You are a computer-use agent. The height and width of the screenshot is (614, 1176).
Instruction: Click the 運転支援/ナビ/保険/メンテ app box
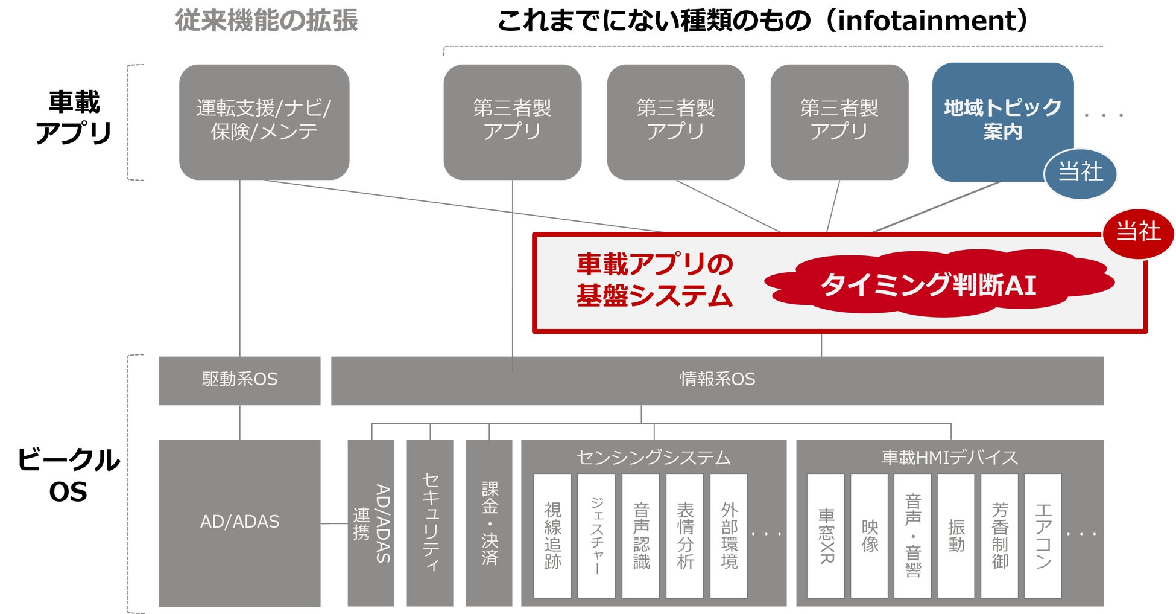[x=264, y=121]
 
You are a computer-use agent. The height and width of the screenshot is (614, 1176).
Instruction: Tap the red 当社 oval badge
[x=1138, y=232]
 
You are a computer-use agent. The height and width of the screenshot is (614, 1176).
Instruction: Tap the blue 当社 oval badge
[x=1080, y=173]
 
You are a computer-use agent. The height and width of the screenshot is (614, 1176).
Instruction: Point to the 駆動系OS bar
[x=239, y=380]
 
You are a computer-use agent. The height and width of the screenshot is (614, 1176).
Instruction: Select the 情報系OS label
[x=717, y=379]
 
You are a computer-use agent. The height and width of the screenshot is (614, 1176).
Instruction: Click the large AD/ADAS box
[x=239, y=522]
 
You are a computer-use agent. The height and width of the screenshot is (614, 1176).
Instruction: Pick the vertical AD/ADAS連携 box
[x=371, y=523]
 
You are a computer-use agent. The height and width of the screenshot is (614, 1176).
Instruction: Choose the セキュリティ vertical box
[x=430, y=523]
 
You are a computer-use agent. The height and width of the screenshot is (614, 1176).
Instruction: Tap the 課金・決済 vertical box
[x=489, y=523]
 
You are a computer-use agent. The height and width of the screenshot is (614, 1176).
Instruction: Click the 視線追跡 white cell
[x=552, y=536]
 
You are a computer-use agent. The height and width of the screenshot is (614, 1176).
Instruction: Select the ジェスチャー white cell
[x=596, y=536]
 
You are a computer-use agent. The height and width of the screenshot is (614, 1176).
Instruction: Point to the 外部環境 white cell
[x=729, y=536]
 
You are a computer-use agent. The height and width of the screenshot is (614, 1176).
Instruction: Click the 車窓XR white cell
[x=826, y=536]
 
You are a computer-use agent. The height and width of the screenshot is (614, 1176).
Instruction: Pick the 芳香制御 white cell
[x=999, y=536]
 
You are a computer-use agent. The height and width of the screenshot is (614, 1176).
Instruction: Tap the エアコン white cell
[x=1043, y=536]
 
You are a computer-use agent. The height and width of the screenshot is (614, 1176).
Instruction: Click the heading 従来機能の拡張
[x=267, y=21]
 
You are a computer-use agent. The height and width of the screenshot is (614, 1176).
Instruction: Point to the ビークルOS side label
[x=69, y=476]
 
